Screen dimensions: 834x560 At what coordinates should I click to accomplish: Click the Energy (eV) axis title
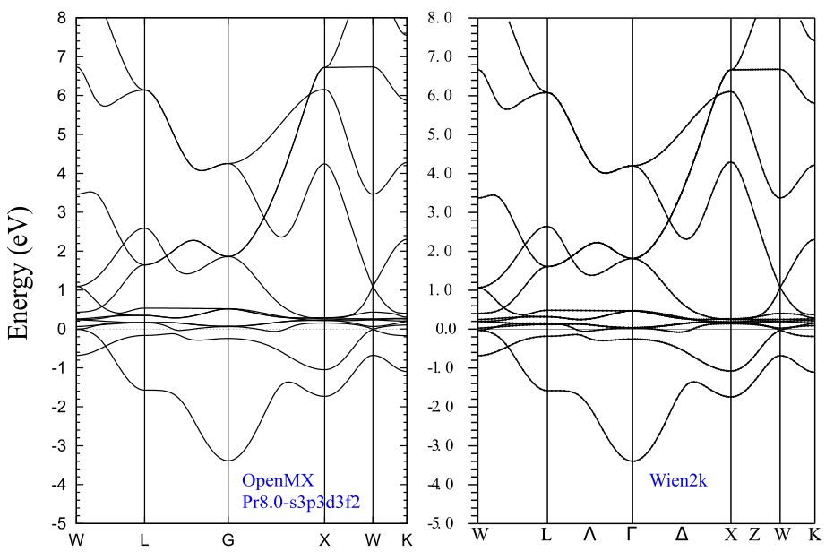21,273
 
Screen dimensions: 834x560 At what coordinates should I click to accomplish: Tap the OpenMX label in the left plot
278,480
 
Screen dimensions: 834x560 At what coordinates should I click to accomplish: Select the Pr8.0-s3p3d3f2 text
301,502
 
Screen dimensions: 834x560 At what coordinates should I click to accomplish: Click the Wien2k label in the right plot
678,480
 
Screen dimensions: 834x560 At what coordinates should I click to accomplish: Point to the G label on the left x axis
228,540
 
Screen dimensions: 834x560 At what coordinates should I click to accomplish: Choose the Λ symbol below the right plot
589,534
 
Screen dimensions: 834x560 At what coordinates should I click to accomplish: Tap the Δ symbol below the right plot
682,534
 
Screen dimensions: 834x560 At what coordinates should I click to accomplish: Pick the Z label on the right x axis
755,534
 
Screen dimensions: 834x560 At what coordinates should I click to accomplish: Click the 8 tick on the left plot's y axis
62,18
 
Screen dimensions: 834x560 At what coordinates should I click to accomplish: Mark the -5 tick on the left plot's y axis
58,523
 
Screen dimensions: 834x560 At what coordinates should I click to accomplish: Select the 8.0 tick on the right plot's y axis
440,18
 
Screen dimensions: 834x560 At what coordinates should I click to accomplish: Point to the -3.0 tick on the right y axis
439,445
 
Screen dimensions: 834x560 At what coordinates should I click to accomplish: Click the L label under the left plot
144,540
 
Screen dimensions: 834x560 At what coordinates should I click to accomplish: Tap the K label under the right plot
815,534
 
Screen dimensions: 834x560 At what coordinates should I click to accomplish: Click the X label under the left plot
324,540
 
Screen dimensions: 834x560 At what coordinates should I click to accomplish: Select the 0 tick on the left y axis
62,329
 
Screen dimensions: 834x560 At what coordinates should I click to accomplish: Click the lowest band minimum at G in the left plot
228,461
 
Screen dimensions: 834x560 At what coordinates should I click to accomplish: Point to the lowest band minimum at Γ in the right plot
633,461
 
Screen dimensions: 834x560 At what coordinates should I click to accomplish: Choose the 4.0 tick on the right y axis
440,173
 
